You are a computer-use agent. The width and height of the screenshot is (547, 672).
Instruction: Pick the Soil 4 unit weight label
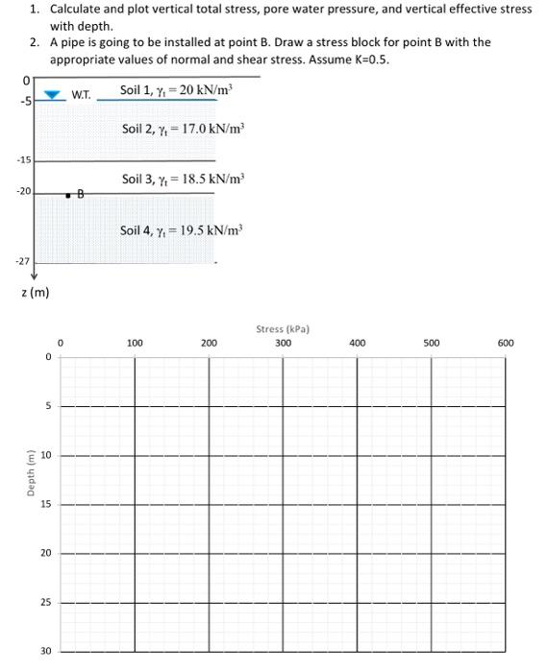(x=182, y=230)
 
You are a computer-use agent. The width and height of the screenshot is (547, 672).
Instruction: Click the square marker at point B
(x=67, y=195)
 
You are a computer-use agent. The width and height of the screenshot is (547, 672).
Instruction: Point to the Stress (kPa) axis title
(x=283, y=329)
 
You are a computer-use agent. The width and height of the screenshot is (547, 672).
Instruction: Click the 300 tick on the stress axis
(x=283, y=342)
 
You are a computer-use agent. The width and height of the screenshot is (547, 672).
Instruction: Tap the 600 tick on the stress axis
(x=506, y=342)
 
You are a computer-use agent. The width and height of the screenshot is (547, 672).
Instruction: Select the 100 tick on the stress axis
(x=135, y=342)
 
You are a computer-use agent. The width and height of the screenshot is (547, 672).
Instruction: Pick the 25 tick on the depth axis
(x=46, y=603)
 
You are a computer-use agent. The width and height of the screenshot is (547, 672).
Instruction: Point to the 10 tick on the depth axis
(x=46, y=455)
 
